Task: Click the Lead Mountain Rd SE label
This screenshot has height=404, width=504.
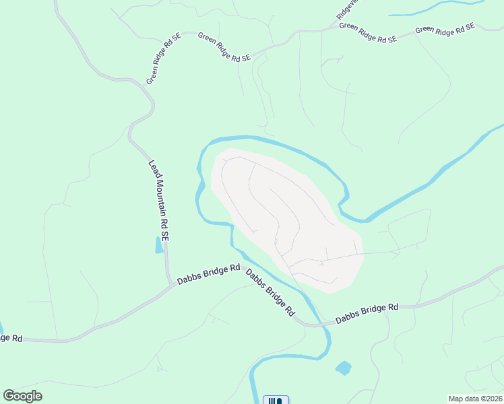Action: click(159, 201)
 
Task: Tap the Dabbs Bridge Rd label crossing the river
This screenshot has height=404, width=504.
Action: click(270, 292)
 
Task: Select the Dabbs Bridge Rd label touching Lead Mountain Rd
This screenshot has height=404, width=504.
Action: click(208, 273)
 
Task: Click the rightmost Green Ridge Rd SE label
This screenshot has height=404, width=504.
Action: click(445, 29)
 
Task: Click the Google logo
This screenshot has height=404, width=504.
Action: click(23, 396)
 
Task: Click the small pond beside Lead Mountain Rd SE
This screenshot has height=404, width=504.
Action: click(159, 245)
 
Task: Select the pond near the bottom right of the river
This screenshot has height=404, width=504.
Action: click(343, 368)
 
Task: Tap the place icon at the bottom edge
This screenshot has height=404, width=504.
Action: click(276, 400)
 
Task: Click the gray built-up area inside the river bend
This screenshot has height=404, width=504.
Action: click(283, 215)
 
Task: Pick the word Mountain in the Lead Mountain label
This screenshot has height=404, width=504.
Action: click(159, 198)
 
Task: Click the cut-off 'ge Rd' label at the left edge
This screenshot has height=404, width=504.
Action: click(11, 337)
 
